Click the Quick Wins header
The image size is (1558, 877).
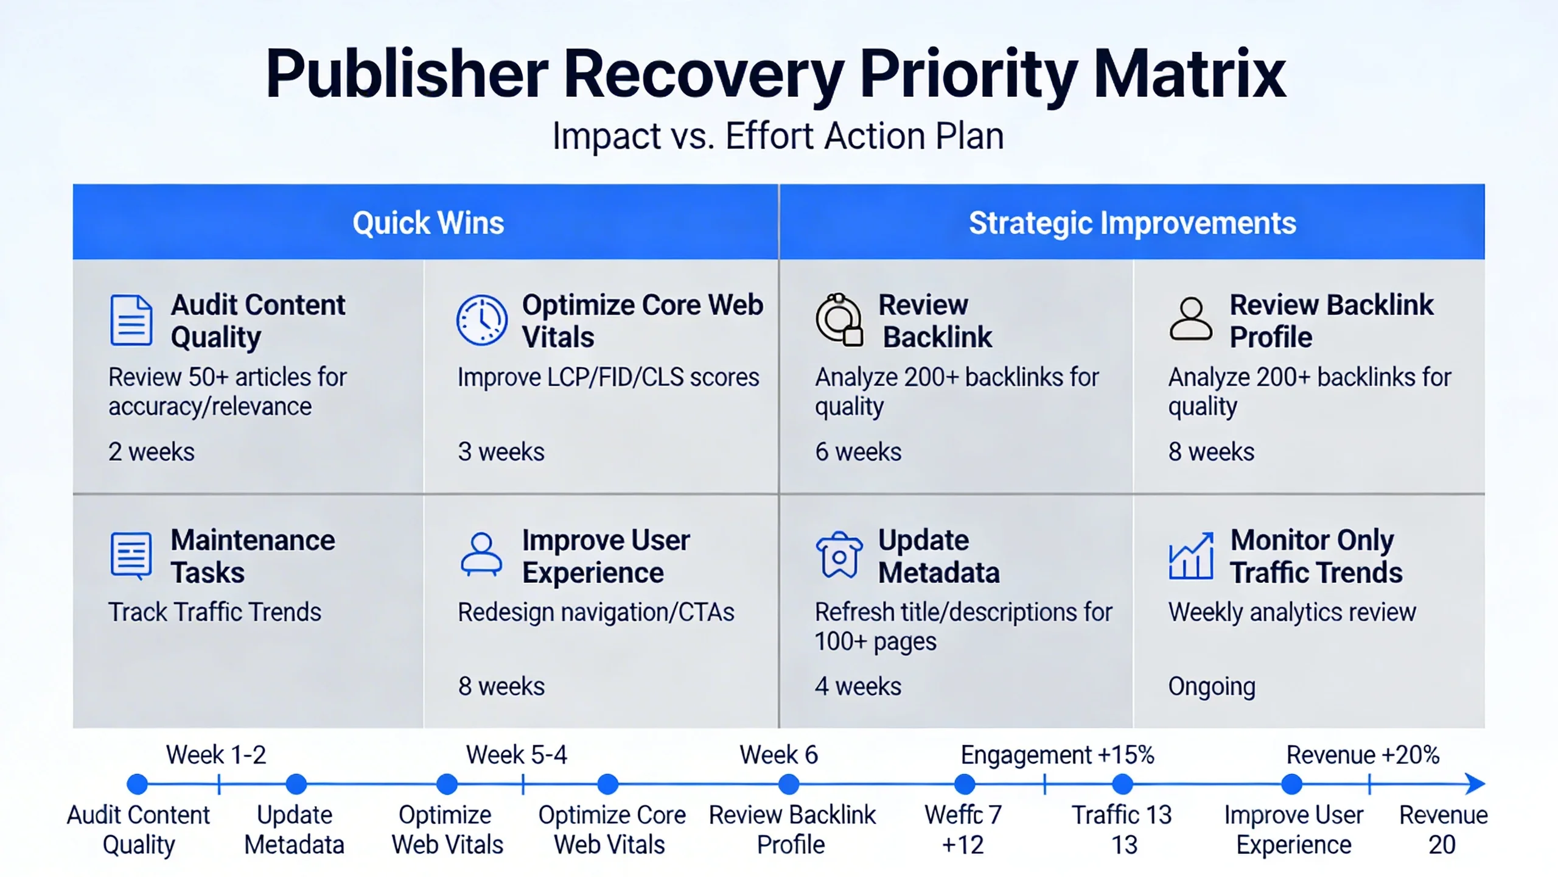pos(428,223)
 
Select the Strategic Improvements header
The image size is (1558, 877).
pos(1132,223)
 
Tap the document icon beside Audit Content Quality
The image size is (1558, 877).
pos(131,320)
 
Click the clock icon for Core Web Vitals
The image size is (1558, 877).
pos(481,320)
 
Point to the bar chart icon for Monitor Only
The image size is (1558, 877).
pos(1191,555)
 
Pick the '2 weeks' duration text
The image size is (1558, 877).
pos(151,452)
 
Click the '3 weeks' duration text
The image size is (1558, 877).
pos(501,452)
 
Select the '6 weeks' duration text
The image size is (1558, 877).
pos(858,452)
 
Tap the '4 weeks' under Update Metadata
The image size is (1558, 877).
pos(858,686)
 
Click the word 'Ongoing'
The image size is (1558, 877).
pos(1211,686)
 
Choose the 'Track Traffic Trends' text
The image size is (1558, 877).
pos(214,612)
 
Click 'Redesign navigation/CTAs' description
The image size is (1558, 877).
pos(596,612)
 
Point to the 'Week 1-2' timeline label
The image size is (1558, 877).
pos(216,755)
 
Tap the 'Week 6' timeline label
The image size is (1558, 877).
pos(778,755)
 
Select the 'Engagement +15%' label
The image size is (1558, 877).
pos(1057,755)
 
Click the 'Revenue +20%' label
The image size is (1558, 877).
pos(1363,755)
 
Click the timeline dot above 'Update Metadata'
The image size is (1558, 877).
pos(296,784)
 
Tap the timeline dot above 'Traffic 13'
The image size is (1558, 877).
pos(1122,784)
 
